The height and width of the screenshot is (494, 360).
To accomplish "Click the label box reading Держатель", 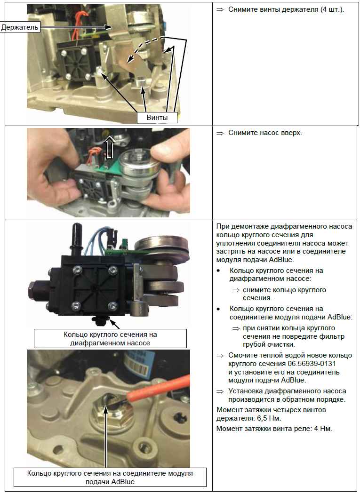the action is coord(20,27).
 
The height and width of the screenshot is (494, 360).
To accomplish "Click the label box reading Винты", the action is coord(157,118).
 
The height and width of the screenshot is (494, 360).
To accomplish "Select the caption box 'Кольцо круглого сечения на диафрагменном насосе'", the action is coord(110,338).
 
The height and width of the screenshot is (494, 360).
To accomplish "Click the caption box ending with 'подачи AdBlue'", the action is coord(110,478).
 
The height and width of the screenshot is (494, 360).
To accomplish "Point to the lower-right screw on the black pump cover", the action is coord(112,306).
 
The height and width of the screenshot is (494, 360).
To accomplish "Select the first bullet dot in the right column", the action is coord(218,271).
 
